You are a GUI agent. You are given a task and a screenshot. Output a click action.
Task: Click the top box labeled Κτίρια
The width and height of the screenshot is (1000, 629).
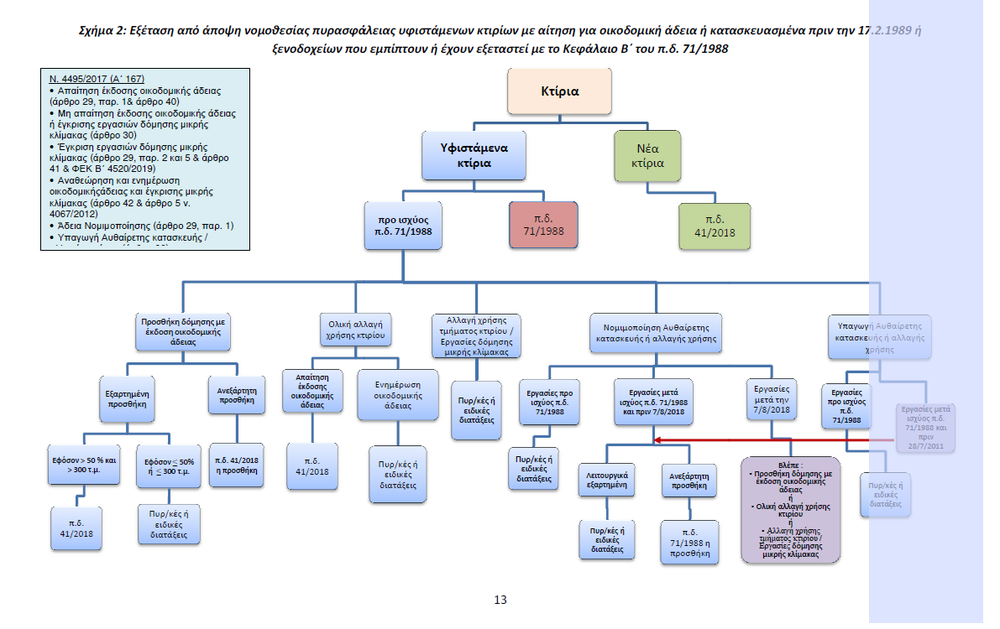pyautogui.click(x=559, y=91)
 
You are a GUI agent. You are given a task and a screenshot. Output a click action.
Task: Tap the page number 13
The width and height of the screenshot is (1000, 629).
pyautogui.click(x=500, y=599)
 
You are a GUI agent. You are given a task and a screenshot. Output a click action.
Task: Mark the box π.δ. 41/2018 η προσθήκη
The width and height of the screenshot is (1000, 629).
pyautogui.click(x=237, y=459)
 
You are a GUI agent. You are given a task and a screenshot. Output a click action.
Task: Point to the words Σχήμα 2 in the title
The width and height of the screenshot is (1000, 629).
pyautogui.click(x=107, y=31)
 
